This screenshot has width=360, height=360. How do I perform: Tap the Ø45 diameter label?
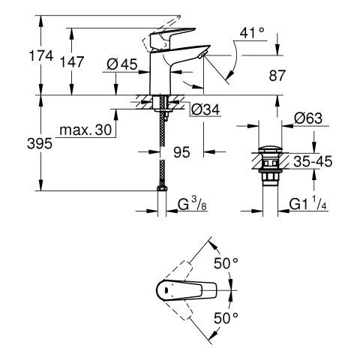pos(121,65)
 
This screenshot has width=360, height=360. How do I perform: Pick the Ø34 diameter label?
pos(205,110)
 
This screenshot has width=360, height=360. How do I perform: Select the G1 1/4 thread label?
pos(308,203)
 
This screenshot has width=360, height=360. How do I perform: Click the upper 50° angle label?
pos(226,263)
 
